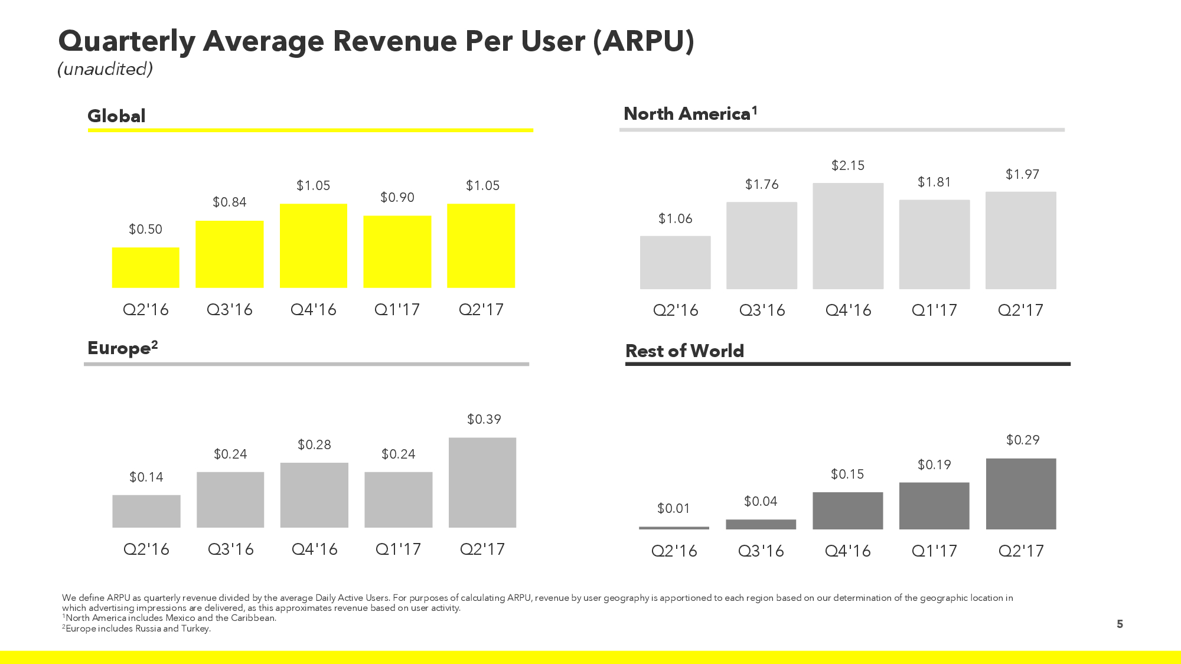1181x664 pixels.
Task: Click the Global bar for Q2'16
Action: (145, 267)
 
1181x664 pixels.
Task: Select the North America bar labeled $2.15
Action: (848, 236)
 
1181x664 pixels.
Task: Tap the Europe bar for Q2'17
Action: (482, 482)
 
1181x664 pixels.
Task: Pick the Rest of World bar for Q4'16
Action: (847, 511)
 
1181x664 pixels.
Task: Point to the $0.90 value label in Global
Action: (397, 197)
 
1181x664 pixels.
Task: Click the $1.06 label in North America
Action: (675, 218)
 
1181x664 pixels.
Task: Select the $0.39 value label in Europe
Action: (484, 419)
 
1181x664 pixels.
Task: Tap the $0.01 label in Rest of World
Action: (673, 508)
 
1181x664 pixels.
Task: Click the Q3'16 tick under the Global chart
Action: (229, 310)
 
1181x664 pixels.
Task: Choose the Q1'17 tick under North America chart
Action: (934, 310)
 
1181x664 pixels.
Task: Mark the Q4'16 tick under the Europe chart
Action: (314, 549)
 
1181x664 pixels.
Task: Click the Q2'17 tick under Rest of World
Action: (1021, 551)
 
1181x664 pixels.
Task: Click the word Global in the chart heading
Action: (116, 116)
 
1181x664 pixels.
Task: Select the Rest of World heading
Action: (684, 351)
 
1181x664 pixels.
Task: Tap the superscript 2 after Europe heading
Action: (155, 344)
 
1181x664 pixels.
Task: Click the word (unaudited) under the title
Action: (105, 69)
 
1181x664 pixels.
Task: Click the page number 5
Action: (1120, 624)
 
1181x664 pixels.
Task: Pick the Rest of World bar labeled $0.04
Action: (761, 524)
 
